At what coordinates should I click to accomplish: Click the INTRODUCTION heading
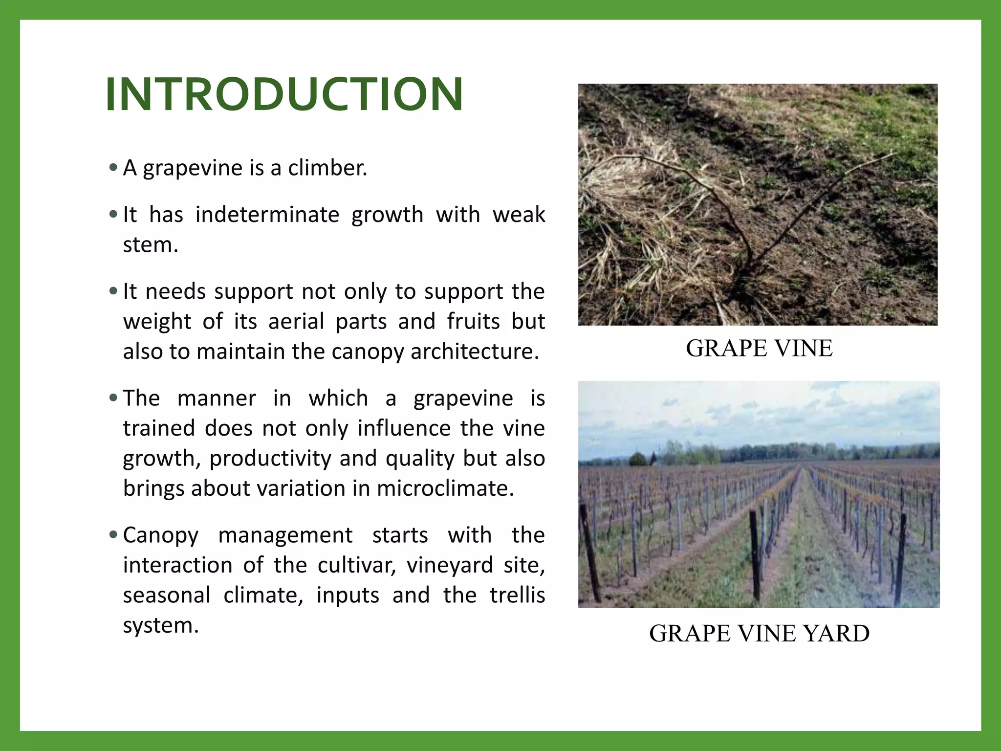(284, 94)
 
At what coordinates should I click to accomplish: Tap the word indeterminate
(267, 215)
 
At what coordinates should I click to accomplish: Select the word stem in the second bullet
(150, 245)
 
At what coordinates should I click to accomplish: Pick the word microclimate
(445, 488)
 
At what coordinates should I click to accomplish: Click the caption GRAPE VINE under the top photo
(759, 348)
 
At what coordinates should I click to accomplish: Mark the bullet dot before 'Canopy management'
(113, 535)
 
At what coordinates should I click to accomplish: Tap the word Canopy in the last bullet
(160, 535)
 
